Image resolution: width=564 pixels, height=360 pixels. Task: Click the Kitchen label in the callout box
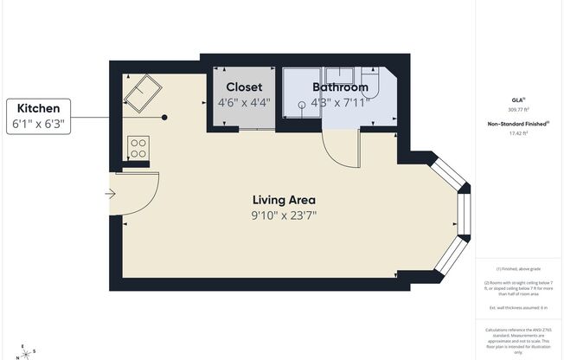click(x=37, y=108)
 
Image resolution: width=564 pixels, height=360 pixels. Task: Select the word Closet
click(x=244, y=87)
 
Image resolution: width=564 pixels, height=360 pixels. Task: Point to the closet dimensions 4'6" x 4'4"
click(x=244, y=102)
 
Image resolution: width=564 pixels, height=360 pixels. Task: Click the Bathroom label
click(x=340, y=87)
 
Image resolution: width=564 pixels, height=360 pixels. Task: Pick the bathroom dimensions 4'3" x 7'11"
click(x=340, y=102)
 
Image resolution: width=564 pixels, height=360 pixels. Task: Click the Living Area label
click(x=278, y=200)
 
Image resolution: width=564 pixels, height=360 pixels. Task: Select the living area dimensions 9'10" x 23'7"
click(x=278, y=215)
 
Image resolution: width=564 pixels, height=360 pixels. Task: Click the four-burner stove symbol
click(x=137, y=147)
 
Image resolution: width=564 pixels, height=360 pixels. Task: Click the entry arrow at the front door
click(x=111, y=193)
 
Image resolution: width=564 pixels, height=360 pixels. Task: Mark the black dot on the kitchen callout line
click(x=164, y=118)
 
